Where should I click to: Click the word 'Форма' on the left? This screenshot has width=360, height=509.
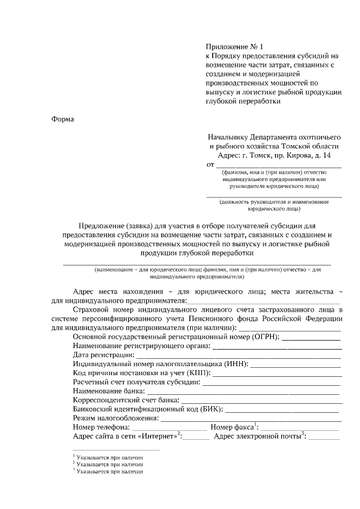point(62,119)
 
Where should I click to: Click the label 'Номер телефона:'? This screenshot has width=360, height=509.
point(101,427)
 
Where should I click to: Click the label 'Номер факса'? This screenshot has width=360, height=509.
point(231,427)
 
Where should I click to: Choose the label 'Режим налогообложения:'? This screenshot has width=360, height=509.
point(116,418)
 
